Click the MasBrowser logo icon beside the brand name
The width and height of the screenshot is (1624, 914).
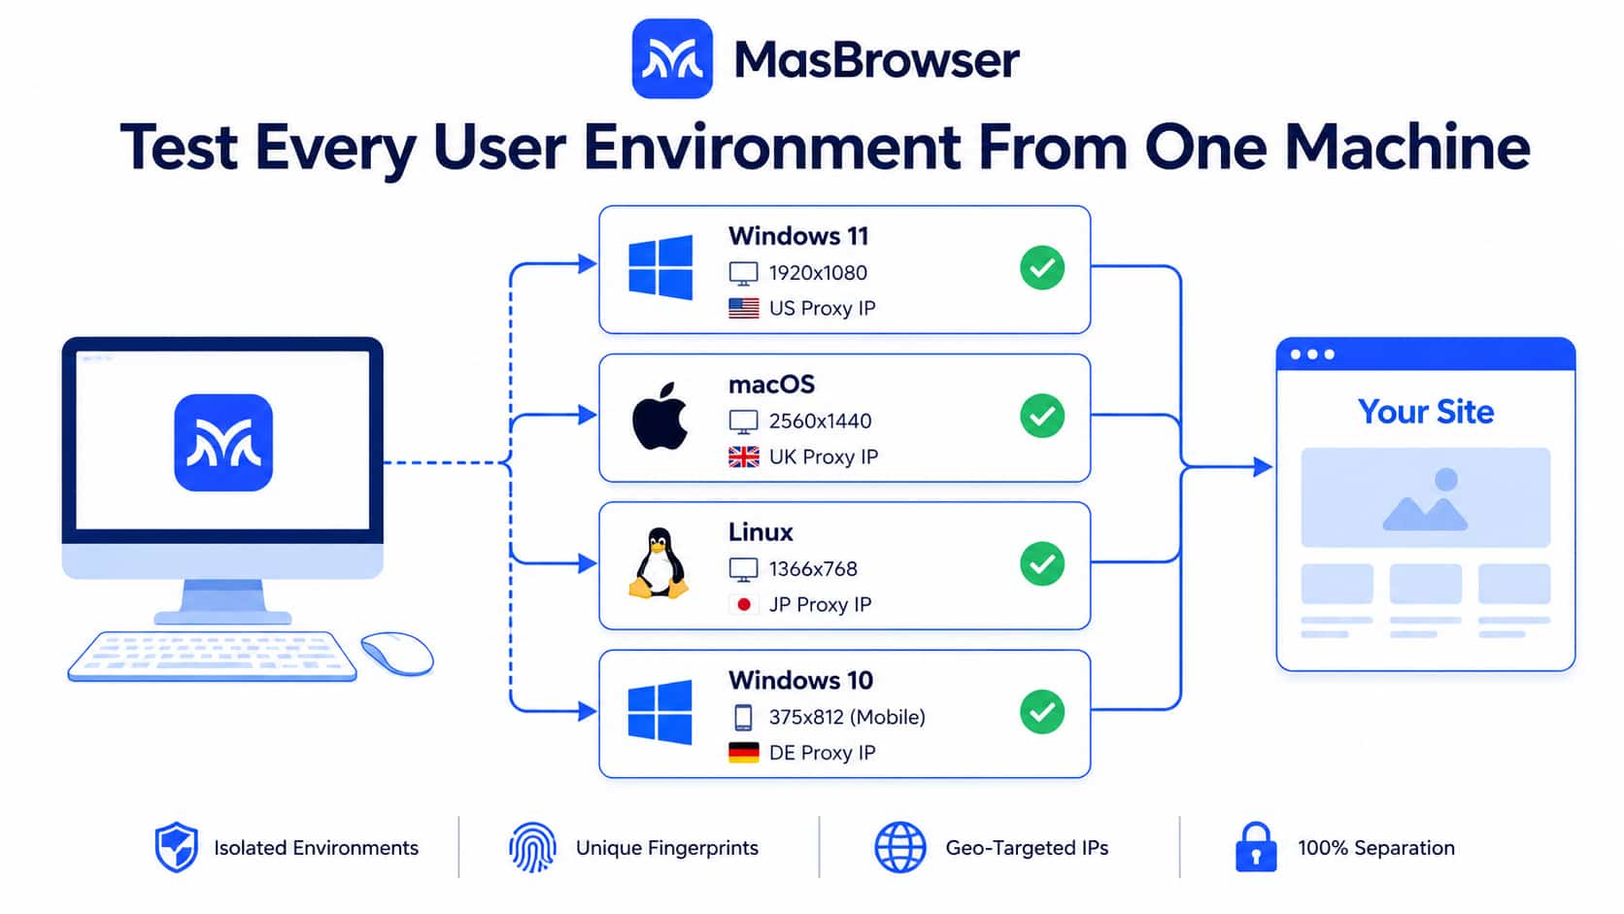click(672, 58)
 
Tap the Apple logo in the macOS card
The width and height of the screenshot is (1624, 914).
click(660, 417)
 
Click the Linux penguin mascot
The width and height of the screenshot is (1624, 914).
click(659, 562)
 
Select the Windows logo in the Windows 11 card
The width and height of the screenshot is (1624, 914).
click(660, 267)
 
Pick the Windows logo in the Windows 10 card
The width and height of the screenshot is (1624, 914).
click(660, 712)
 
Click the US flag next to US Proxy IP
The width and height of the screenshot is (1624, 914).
click(744, 308)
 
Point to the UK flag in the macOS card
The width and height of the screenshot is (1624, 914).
click(744, 457)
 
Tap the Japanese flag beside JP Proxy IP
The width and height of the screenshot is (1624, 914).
click(744, 604)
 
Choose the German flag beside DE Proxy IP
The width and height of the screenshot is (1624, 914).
click(744, 753)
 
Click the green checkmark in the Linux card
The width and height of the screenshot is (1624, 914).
click(1042, 564)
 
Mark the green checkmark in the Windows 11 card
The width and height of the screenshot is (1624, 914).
click(1042, 268)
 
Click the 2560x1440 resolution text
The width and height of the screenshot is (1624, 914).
click(820, 422)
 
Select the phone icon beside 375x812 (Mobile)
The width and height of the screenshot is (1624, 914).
click(743, 717)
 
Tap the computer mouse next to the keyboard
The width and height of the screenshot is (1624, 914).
click(397, 653)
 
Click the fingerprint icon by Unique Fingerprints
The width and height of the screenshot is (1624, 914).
click(533, 847)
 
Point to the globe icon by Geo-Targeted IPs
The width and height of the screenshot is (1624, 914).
click(900, 847)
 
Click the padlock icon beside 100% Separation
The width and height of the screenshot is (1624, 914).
click(1256, 847)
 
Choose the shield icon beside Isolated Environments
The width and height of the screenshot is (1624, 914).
click(176, 847)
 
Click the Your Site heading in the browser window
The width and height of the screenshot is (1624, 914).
click(1425, 412)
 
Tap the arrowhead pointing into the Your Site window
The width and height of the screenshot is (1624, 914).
click(1263, 467)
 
